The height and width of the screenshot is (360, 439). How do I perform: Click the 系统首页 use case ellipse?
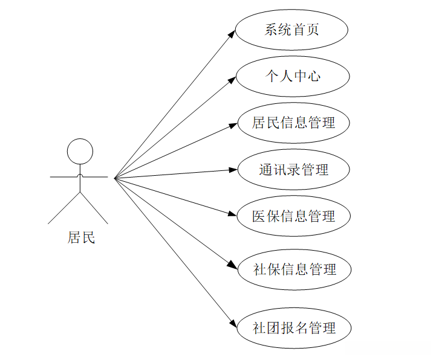click(x=292, y=30)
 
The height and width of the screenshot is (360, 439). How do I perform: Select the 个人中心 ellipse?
click(x=293, y=76)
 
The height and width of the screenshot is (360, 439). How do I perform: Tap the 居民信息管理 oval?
click(x=293, y=123)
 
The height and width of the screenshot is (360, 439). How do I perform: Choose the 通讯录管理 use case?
click(x=293, y=169)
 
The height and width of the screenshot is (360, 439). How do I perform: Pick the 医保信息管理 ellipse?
click(x=293, y=216)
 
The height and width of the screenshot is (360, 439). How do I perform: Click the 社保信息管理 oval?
click(x=294, y=269)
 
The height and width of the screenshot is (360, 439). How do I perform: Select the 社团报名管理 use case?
click(x=293, y=328)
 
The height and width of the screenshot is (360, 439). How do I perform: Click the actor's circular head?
click(x=80, y=152)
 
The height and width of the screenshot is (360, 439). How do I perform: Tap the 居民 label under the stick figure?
click(x=81, y=237)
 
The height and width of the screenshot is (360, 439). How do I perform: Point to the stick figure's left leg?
click(x=65, y=208)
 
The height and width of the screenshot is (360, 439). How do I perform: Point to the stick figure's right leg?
click(x=94, y=208)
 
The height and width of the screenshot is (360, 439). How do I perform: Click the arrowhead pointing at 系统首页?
click(x=232, y=33)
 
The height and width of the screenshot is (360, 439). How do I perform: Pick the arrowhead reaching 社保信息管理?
click(x=232, y=266)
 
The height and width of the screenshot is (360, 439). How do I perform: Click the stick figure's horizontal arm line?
click(x=67, y=178)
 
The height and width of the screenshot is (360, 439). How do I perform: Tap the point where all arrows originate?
click(x=114, y=178)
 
